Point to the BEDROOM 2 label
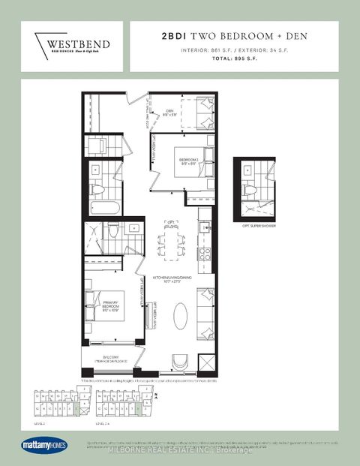click(188, 161)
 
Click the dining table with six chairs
click(167, 245)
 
